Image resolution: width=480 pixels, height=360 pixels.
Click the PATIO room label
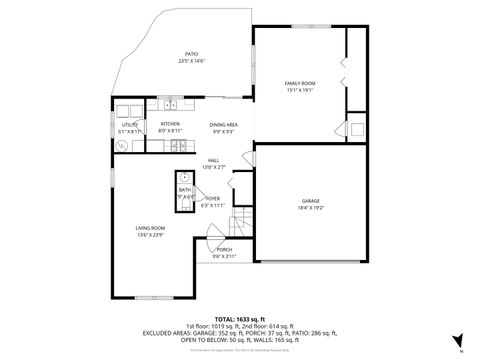click(x=190, y=54)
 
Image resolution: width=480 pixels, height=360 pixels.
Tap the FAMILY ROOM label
click(x=300, y=83)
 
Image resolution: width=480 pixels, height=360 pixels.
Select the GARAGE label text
click(x=311, y=201)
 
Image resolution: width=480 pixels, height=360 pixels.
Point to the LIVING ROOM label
click(x=151, y=228)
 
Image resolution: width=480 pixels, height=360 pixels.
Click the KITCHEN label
click(x=169, y=124)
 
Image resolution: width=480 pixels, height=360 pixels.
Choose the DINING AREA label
click(x=222, y=124)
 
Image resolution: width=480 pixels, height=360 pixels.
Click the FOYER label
click(x=212, y=199)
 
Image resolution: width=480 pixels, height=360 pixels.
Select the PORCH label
click(x=225, y=249)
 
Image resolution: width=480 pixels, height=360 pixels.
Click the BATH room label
click(x=184, y=190)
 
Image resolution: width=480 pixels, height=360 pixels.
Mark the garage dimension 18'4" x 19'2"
click(x=311, y=208)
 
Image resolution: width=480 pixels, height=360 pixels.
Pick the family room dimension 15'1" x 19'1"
click(x=300, y=90)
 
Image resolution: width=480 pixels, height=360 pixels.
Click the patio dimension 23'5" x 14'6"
click(x=190, y=61)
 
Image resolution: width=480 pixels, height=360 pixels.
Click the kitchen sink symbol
click(x=171, y=104)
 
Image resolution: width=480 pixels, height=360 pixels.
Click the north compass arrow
click(x=456, y=340)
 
